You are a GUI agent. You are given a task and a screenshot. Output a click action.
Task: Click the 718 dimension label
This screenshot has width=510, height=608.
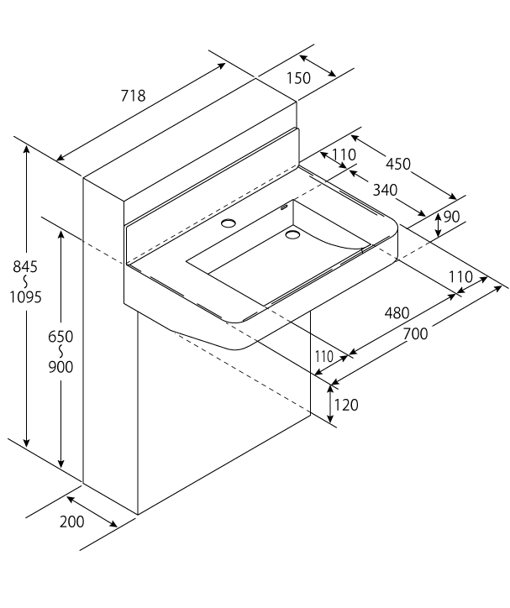132,96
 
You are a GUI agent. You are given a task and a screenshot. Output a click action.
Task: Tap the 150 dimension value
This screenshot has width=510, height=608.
298,78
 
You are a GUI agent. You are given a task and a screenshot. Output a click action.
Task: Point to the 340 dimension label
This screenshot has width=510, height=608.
385,190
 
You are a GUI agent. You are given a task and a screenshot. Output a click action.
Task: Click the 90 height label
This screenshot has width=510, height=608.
451,217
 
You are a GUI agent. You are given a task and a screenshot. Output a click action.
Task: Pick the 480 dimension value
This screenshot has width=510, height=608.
397,313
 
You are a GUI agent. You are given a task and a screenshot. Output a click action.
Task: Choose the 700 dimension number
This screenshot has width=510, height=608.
415,333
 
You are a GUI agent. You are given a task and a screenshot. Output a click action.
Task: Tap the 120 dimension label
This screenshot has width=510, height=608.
346,405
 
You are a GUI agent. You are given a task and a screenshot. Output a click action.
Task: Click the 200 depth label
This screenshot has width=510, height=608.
72,522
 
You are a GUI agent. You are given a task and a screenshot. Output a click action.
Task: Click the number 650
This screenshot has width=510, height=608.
60,336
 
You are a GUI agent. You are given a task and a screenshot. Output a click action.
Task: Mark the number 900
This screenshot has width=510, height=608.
60,367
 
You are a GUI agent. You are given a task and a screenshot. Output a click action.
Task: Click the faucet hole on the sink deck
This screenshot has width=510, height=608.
228,223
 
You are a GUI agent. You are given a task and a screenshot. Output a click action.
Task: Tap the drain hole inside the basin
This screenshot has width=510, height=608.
292,235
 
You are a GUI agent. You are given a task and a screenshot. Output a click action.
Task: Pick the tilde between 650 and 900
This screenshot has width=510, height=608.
60,351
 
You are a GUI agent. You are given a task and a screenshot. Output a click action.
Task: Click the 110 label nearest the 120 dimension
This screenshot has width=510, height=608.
324,357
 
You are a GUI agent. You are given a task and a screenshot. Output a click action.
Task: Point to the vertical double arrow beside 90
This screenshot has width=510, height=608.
438,223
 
